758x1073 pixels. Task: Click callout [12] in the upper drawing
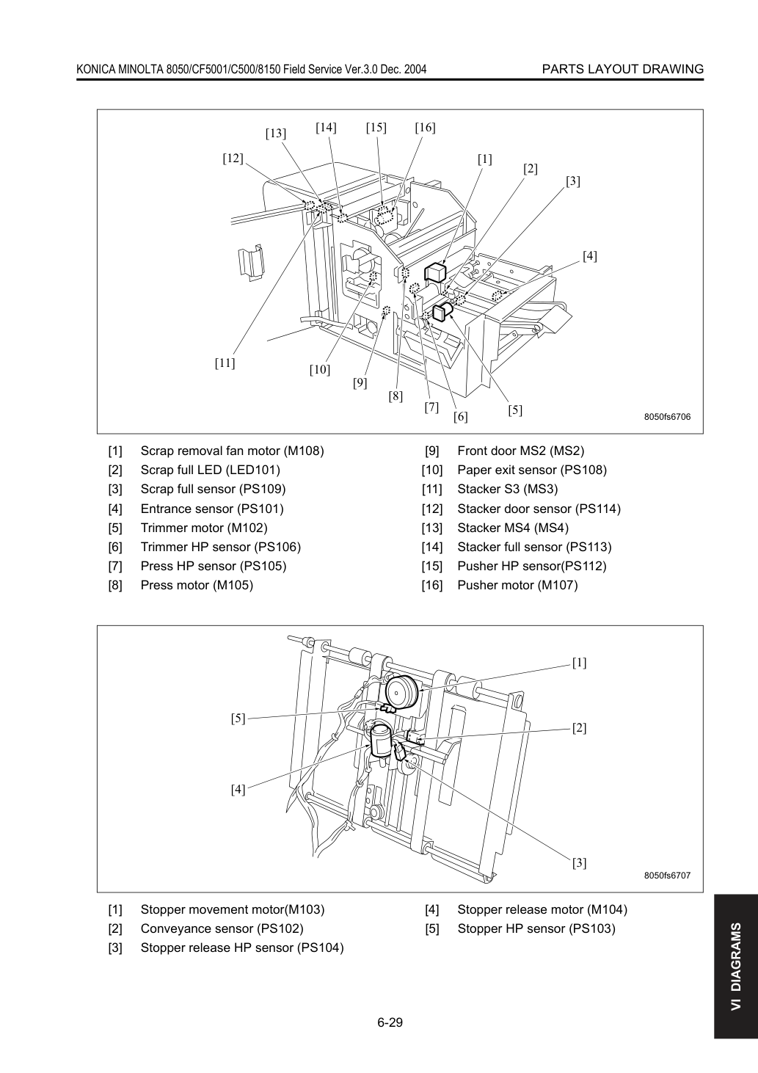(233, 159)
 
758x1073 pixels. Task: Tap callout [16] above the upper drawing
(425, 128)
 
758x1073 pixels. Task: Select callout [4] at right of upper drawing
(589, 256)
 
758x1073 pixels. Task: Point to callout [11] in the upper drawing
(225, 363)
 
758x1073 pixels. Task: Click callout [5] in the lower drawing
(238, 719)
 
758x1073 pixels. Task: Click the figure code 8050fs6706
(667, 417)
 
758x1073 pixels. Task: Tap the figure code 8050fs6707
(667, 875)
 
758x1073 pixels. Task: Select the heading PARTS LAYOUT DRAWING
(622, 69)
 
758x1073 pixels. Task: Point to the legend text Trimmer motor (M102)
(204, 528)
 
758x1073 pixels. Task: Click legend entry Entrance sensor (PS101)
(212, 509)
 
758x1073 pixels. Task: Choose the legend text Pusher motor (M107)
(517, 586)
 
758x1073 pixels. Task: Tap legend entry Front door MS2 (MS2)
(521, 451)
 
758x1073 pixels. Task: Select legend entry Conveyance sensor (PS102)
(222, 928)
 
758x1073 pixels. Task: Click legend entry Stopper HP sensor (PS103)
(536, 928)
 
